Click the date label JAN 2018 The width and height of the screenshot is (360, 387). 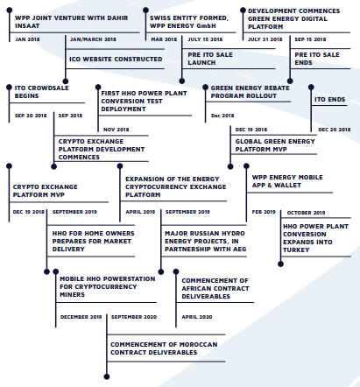pos(27,39)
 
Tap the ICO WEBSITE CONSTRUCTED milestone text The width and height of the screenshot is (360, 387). pos(116,60)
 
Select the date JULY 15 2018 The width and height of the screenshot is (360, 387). pos(205,39)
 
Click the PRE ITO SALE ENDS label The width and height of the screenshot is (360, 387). pos(317,59)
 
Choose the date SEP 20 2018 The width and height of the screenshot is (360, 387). pos(31,116)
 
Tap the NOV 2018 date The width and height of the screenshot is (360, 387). pos(116,130)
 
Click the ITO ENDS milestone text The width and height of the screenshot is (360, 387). pos(329,100)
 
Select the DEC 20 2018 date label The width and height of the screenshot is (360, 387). pos(335,130)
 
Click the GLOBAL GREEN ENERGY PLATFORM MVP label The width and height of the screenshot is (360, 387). pos(275,145)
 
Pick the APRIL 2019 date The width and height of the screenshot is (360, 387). pos(140,212)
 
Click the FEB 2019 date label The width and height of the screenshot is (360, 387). pos(264,212)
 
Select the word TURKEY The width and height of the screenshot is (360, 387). pos(296,250)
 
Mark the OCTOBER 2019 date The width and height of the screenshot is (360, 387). pos(306,213)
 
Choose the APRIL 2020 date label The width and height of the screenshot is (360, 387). pos(197,317)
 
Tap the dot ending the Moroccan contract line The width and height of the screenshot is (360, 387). pos(107,376)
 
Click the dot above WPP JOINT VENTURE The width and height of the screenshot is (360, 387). pos(10,11)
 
